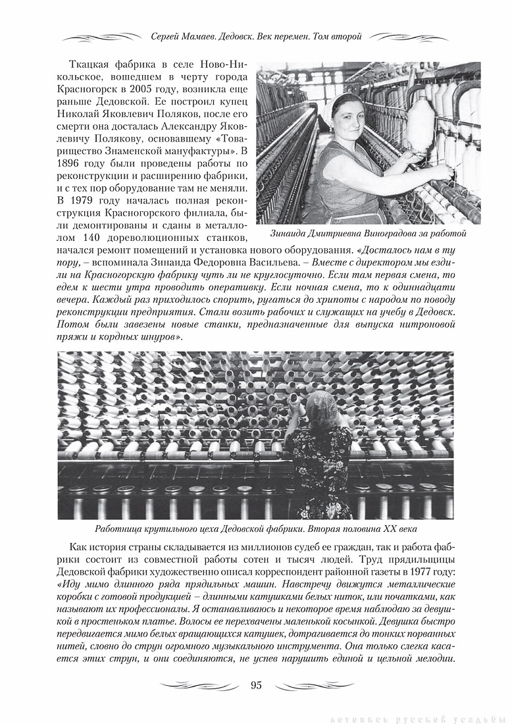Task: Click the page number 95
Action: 256,685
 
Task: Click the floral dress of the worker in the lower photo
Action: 322,467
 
